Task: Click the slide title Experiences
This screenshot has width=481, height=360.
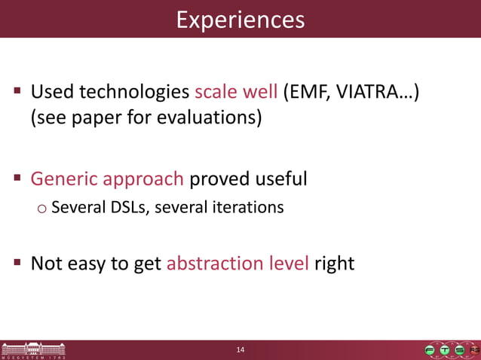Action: (x=240, y=19)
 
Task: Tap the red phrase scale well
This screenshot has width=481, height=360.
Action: (x=236, y=93)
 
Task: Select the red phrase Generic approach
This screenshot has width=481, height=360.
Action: (x=107, y=179)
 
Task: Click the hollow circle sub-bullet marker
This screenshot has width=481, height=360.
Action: (x=41, y=207)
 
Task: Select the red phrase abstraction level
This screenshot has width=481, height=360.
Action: (x=237, y=264)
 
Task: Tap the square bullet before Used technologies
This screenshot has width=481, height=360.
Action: (x=17, y=92)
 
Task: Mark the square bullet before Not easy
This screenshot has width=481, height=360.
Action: (x=17, y=263)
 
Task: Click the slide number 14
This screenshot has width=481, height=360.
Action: (x=240, y=349)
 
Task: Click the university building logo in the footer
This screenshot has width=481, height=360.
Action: (x=33, y=350)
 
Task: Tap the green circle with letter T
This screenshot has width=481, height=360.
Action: (x=445, y=350)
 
